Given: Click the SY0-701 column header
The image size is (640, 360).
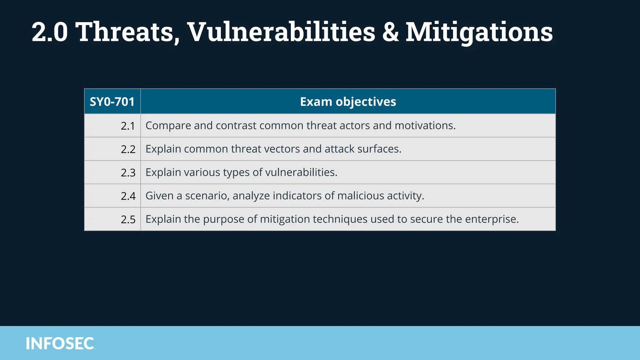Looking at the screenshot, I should (112, 102).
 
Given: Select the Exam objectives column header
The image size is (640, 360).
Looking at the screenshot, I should (348, 102).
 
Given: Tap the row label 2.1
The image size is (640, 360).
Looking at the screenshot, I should (128, 126).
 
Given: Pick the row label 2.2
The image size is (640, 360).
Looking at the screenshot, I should (128, 149).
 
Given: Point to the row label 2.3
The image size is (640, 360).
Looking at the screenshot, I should (128, 173).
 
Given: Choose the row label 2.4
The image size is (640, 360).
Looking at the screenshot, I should (128, 196).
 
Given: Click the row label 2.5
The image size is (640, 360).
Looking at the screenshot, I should (128, 220).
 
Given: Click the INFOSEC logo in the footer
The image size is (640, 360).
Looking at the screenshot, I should (60, 343).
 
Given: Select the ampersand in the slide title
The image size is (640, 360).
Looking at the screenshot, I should (390, 32).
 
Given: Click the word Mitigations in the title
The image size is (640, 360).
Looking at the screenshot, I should (479, 32).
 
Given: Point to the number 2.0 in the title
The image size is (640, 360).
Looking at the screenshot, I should (50, 32).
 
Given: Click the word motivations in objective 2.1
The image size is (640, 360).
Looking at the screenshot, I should (425, 126).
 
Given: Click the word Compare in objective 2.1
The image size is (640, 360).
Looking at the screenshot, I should (168, 126).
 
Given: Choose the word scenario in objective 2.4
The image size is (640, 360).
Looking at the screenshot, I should (207, 196).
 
